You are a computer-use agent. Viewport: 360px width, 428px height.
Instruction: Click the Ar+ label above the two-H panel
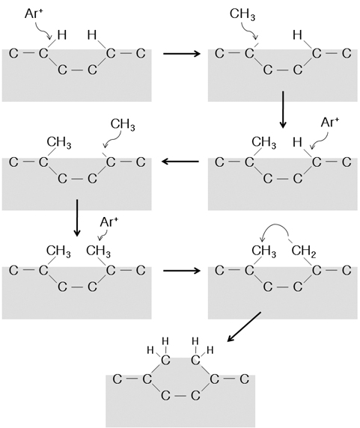(34, 13)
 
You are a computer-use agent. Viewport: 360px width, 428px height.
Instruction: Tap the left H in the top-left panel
(62, 34)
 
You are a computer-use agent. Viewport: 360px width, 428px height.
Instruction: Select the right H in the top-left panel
(92, 34)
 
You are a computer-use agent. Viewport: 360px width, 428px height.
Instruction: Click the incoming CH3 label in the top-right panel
(242, 14)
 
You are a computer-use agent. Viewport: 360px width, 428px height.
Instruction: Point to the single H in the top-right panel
(297, 34)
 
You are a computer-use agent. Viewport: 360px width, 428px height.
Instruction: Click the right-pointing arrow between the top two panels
(182, 54)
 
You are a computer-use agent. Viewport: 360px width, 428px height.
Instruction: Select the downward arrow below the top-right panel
(283, 109)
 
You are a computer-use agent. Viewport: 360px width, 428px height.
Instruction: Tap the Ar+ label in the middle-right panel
(330, 122)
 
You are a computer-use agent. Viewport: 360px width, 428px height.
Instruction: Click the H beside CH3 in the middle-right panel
(297, 142)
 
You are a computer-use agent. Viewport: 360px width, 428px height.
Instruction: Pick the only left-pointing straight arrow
(180, 162)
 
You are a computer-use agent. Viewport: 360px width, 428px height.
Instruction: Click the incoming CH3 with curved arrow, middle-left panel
(123, 125)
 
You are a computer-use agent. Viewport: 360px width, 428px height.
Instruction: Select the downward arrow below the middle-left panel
(77, 218)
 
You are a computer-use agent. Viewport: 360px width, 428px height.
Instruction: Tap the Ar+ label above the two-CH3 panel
(109, 222)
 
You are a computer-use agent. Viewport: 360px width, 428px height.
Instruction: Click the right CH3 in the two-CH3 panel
(99, 251)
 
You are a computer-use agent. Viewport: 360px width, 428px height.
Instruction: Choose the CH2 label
(304, 251)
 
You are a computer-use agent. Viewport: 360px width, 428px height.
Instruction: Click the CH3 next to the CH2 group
(263, 251)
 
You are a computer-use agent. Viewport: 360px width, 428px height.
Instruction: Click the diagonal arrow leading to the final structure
(244, 327)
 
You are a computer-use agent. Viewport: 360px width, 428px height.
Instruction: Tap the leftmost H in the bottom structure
(150, 350)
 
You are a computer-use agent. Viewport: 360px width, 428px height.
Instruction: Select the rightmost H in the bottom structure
(210, 350)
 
